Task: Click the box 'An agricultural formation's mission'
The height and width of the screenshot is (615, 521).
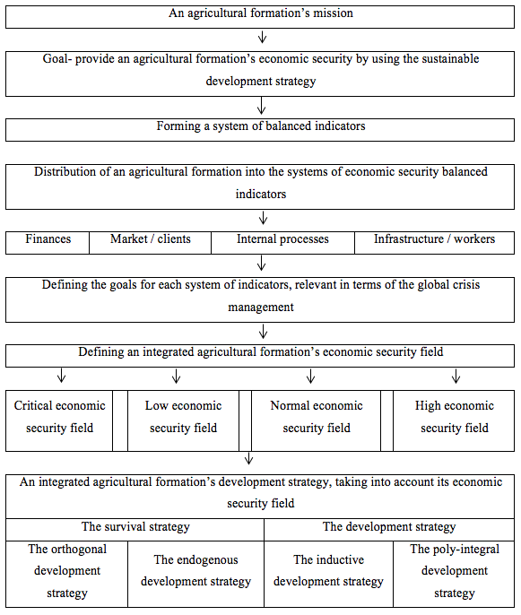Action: point(260,17)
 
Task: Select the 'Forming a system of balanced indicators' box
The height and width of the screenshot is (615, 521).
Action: point(260,130)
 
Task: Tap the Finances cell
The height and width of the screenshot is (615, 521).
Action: point(48,243)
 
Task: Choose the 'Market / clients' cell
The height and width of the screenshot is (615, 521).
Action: point(151,243)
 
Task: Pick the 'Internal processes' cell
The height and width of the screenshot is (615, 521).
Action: point(282,243)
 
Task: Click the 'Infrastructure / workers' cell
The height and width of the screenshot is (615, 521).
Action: point(435,243)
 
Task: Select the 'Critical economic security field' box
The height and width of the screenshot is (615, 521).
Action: point(59,420)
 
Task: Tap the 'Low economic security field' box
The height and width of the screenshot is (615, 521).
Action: point(183,420)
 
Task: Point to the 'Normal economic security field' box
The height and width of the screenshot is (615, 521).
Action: point(317,420)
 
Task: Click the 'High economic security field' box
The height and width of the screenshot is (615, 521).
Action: point(454,420)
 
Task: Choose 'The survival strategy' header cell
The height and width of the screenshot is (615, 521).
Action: point(135,530)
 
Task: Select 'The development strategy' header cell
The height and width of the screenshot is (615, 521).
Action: point(389,530)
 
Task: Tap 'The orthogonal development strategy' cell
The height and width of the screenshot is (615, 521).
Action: point(66,574)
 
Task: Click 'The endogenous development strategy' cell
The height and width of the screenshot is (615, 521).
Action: point(195,574)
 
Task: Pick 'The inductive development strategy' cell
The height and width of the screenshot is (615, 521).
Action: point(329,574)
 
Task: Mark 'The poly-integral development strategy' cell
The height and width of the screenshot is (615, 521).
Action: point(454,574)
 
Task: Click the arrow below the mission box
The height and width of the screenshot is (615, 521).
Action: point(262,38)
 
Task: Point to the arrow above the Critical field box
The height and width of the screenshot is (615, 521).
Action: point(61,376)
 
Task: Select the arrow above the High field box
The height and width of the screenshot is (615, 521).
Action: point(456,376)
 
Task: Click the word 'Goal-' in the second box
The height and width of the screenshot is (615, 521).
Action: point(57,59)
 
